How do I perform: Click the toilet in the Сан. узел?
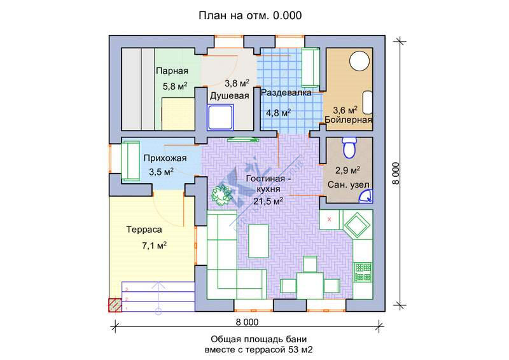(349, 148)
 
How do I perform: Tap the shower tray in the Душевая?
(220, 117)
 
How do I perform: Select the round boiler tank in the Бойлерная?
(359, 60)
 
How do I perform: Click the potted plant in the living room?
(221, 194)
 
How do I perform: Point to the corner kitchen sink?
(358, 225)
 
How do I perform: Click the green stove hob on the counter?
(363, 272)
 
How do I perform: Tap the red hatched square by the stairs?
(115, 305)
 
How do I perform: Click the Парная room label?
(172, 71)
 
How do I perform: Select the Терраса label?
(144, 230)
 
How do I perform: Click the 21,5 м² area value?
(268, 201)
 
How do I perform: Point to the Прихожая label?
(165, 158)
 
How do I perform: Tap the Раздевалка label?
(286, 93)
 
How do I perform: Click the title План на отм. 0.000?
(250, 15)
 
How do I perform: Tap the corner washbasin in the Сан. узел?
(366, 197)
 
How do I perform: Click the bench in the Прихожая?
(130, 160)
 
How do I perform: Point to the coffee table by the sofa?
(258, 240)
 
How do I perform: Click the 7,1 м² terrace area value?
(154, 246)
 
